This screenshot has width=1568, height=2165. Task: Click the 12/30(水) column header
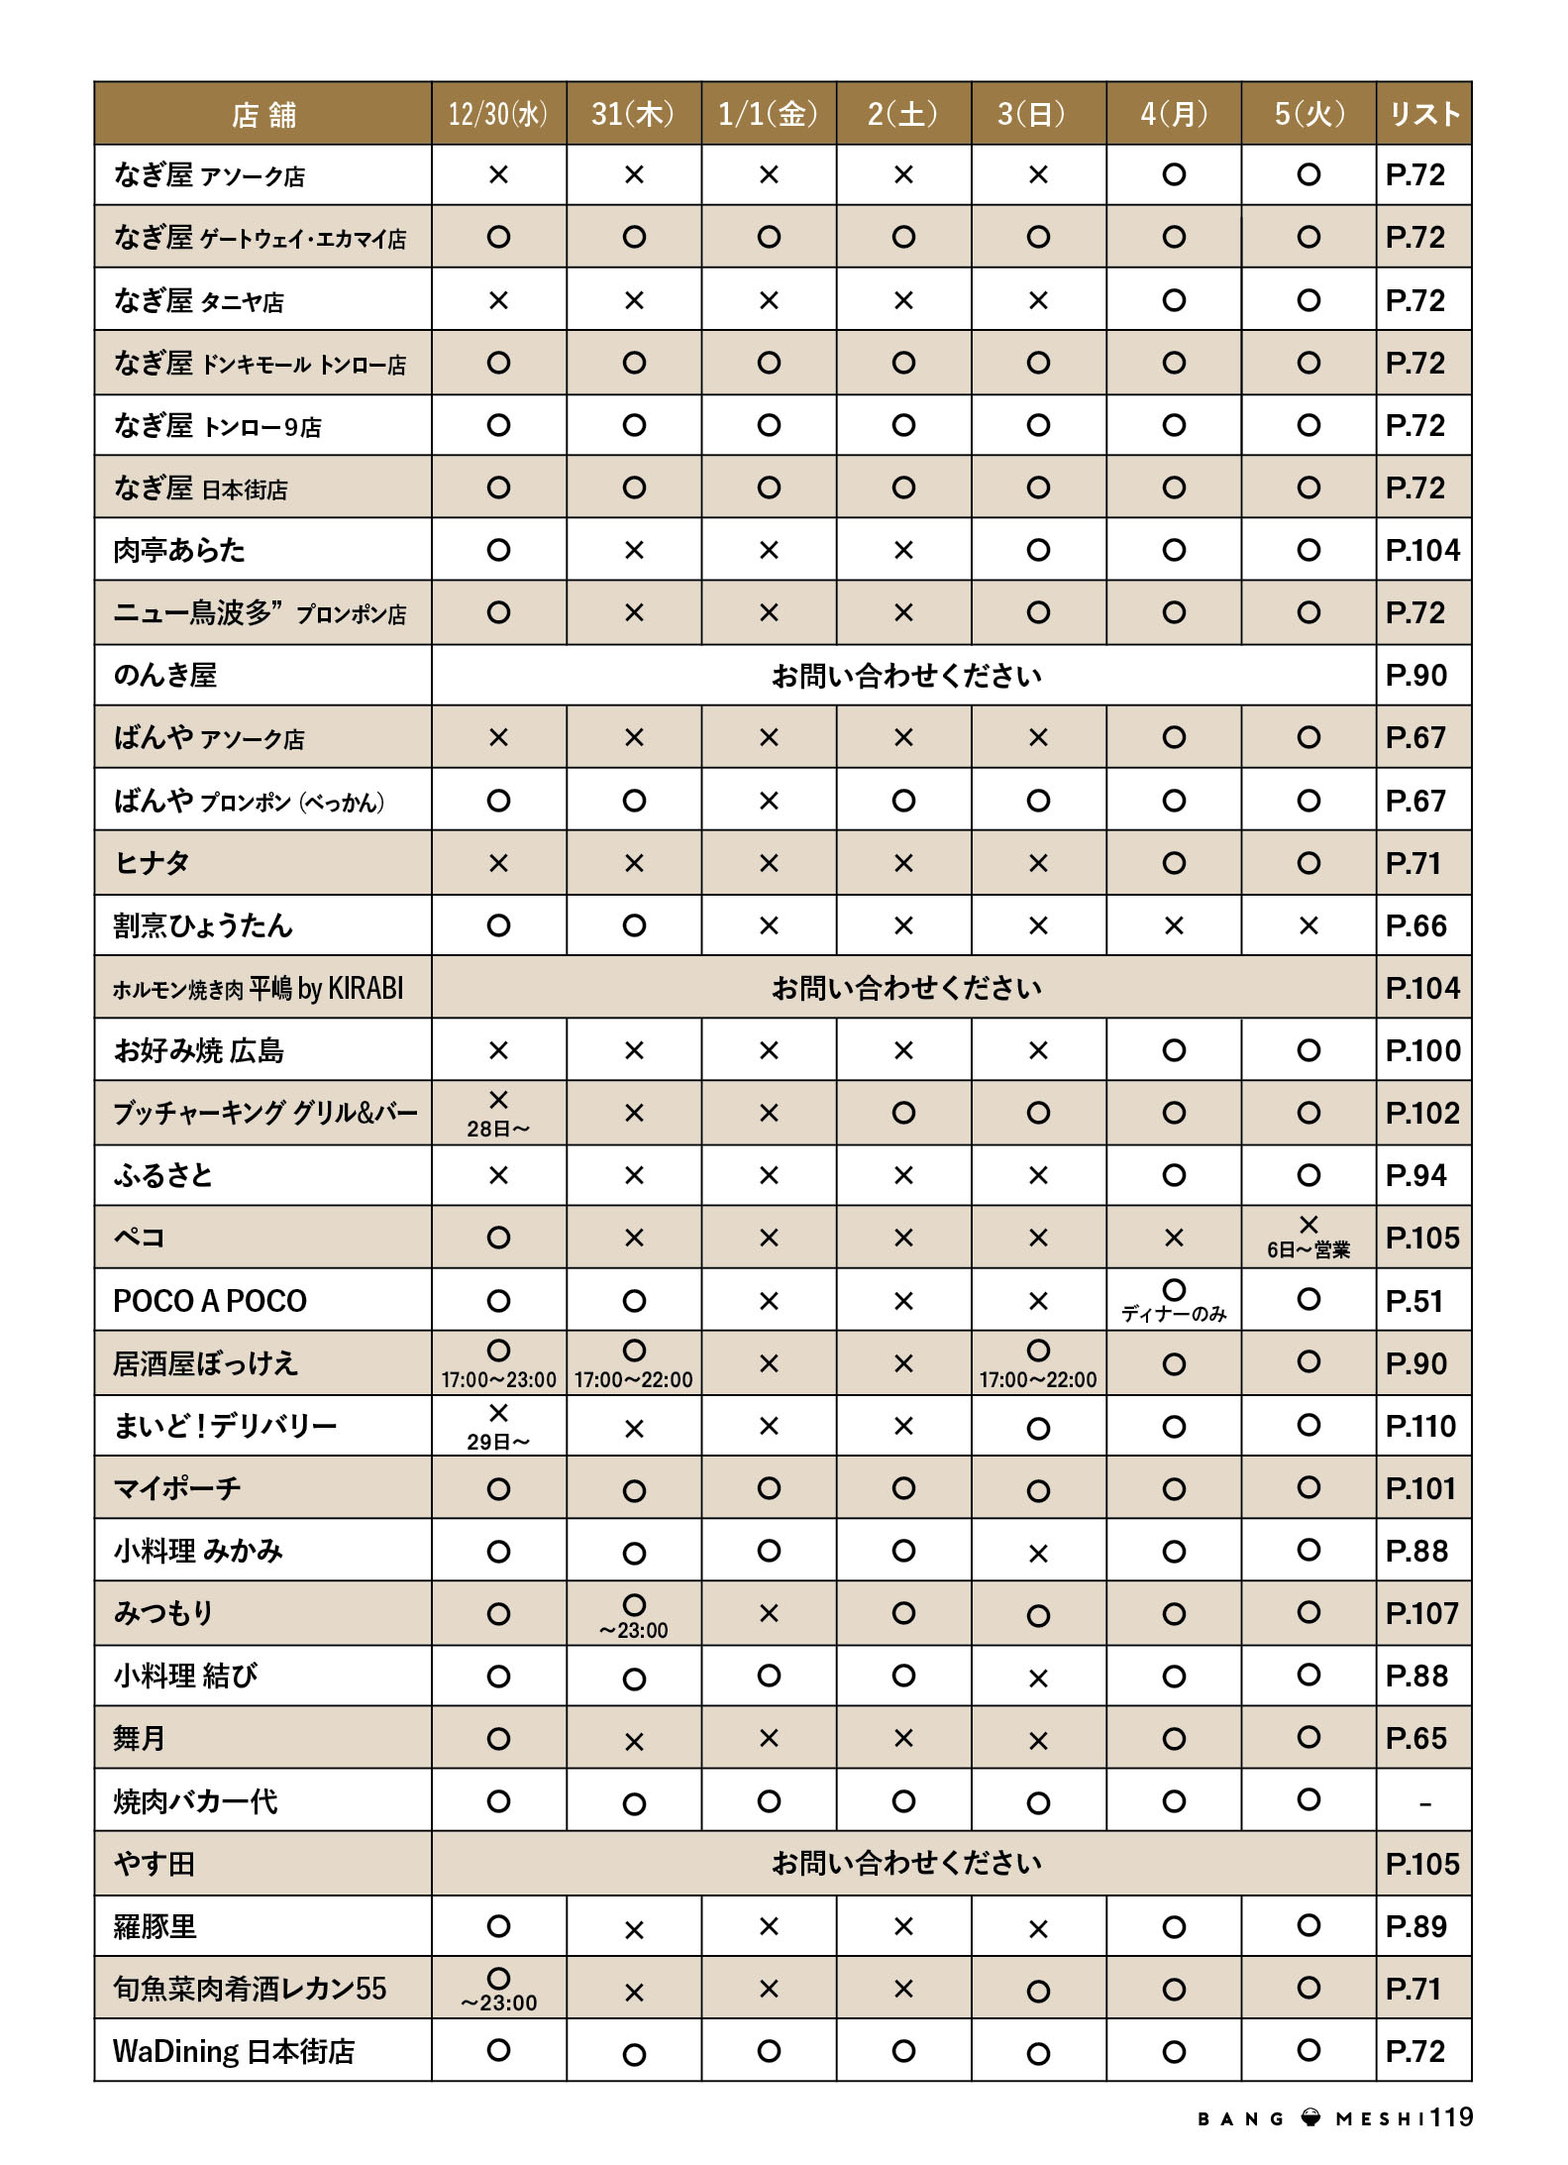[x=498, y=114]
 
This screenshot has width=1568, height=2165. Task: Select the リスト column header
[x=1423, y=114]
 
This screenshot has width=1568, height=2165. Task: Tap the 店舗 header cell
[x=263, y=115]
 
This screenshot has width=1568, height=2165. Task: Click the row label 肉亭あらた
[x=179, y=550]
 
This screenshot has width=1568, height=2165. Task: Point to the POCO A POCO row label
[x=210, y=1301]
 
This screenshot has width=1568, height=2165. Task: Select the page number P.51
[x=1414, y=1301]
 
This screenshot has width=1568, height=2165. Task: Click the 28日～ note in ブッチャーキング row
[x=498, y=1129]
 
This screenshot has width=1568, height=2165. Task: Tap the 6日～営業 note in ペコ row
[x=1307, y=1250]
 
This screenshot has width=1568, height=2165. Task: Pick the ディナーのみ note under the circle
[x=1173, y=1314]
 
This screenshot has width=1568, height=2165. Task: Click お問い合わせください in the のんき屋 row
[x=905, y=676]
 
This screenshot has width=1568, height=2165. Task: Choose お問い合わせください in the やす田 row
[x=905, y=1864]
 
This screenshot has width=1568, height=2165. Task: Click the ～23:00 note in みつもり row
[x=634, y=1630]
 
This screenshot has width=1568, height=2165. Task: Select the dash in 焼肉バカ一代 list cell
[x=1424, y=1803]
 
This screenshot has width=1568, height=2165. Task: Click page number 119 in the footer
[x=1451, y=2117]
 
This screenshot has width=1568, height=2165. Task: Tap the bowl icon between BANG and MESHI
[x=1310, y=2118]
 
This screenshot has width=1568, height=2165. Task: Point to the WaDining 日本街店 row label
[x=234, y=2051]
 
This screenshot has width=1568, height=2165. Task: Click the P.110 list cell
[x=1420, y=1426]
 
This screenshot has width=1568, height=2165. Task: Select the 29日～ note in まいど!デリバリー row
[x=498, y=1442]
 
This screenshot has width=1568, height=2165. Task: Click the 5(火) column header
[x=1308, y=114]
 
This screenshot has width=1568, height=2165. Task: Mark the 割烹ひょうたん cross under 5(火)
[x=1308, y=925]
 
